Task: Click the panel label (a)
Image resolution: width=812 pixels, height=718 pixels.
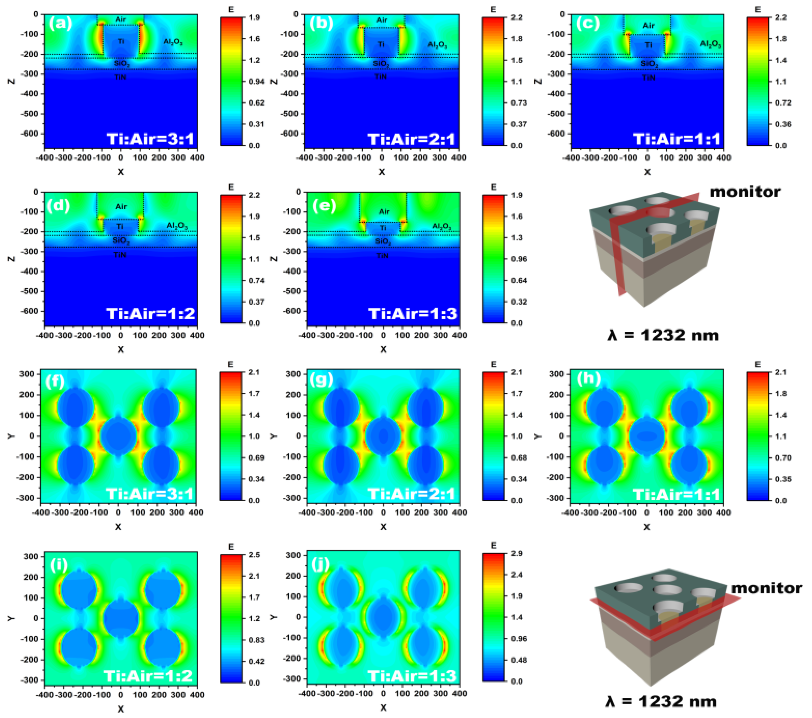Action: (x=60, y=24)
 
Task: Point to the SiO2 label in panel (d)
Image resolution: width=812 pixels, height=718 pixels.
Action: (x=121, y=240)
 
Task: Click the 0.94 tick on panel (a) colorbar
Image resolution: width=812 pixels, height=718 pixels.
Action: (x=256, y=81)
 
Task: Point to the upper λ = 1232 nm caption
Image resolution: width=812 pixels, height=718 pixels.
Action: (x=663, y=335)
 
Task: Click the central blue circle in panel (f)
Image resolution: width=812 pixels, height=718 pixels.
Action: (x=118, y=436)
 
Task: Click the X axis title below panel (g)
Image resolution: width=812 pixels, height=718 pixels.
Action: (x=383, y=527)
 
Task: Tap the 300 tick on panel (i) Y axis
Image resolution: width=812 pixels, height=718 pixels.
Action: (x=31, y=556)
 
